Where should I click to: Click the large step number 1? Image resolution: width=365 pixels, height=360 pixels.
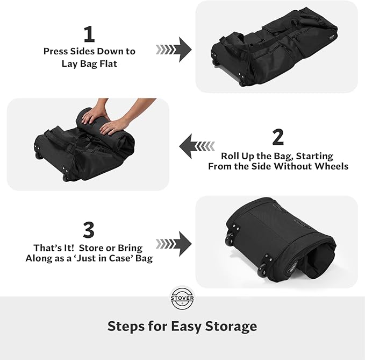(89, 34)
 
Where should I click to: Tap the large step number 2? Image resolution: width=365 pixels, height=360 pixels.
(278, 137)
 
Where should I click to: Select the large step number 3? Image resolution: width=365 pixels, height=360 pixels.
(89, 230)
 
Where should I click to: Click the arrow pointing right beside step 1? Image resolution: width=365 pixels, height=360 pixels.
(174, 50)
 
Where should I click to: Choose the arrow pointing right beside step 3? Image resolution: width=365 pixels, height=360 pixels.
(174, 243)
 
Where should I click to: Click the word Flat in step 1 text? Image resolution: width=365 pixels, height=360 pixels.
(107, 63)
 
